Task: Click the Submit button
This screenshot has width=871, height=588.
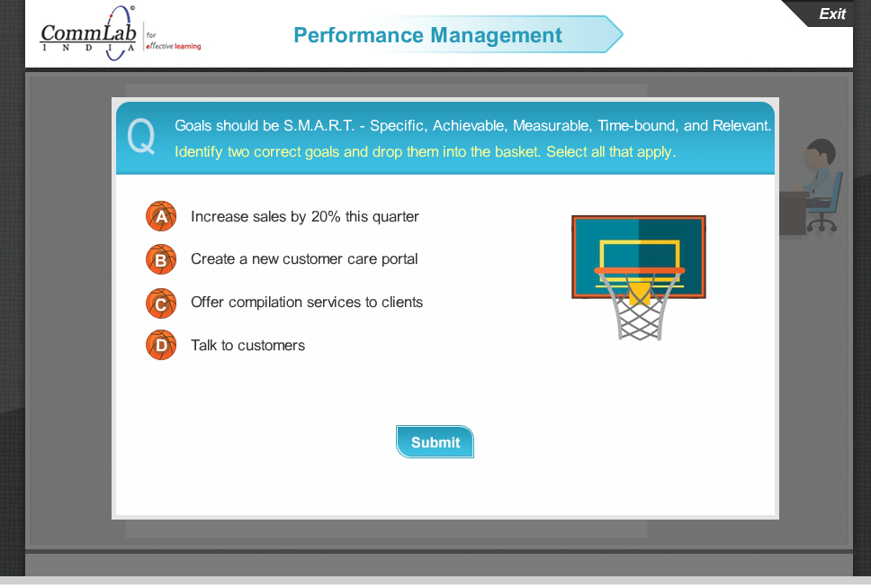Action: (435, 442)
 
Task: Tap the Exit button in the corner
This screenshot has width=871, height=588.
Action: (831, 14)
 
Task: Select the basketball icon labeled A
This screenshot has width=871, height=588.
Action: (161, 217)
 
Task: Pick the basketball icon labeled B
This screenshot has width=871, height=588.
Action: (161, 260)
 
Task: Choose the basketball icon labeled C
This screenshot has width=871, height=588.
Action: (161, 303)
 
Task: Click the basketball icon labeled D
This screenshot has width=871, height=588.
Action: (161, 346)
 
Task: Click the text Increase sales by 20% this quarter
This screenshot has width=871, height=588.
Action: (304, 217)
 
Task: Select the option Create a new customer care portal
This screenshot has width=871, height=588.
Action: (304, 259)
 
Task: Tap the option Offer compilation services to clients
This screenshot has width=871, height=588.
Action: (306, 303)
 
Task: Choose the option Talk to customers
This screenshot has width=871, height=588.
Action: (247, 346)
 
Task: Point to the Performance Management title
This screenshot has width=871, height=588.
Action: (427, 35)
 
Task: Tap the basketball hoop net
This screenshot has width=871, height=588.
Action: (639, 311)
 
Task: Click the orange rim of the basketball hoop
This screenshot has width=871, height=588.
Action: (639, 270)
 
